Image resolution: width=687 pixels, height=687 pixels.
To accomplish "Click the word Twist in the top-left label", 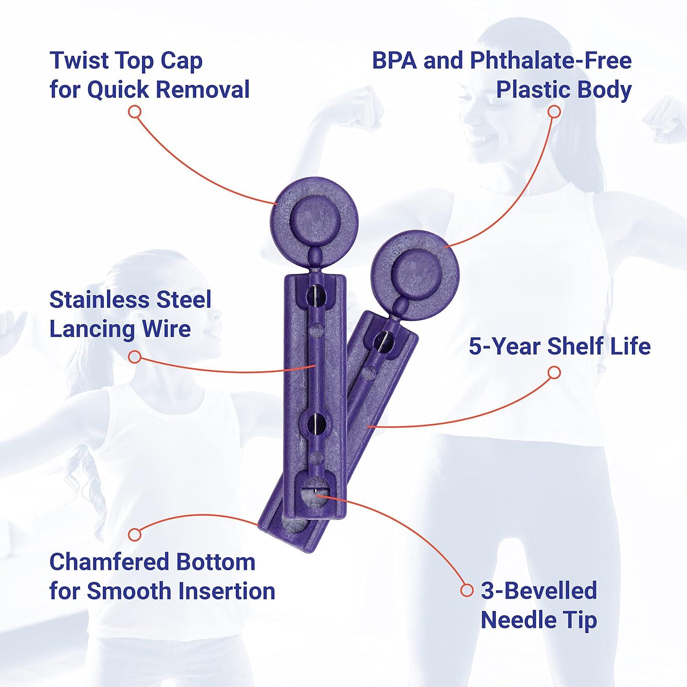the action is click(x=79, y=60).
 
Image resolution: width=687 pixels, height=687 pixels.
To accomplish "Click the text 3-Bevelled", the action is click(x=539, y=591).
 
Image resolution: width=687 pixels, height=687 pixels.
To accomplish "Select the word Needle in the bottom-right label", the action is click(x=513, y=620).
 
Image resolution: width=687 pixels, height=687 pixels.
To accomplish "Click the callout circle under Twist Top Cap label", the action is click(x=134, y=112).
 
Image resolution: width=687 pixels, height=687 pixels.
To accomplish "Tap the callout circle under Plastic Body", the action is click(x=554, y=112).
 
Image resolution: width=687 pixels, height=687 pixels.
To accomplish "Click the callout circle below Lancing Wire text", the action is click(x=134, y=357).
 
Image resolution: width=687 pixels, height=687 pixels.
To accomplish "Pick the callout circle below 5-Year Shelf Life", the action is click(x=554, y=372).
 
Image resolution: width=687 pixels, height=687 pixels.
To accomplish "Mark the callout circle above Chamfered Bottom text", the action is click(x=134, y=534).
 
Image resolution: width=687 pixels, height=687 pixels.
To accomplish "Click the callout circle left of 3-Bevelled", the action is click(x=467, y=590).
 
